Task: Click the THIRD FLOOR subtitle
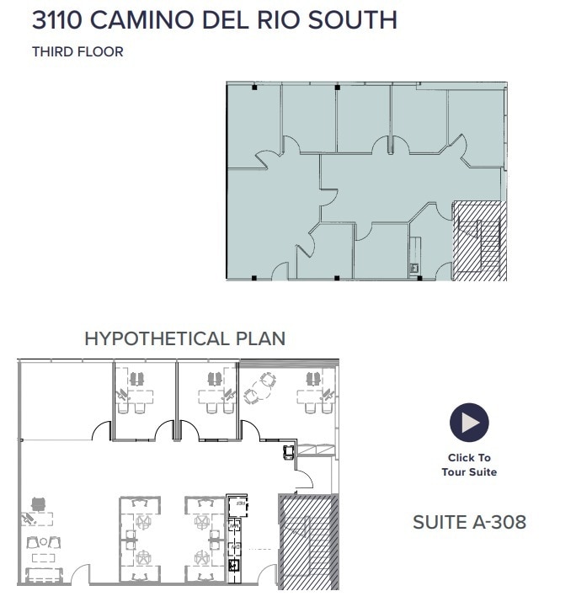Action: [x=77, y=52]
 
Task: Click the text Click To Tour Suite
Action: [x=469, y=465]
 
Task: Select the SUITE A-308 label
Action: [x=469, y=522]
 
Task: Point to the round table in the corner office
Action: [x=268, y=381]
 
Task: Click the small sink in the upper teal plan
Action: [x=413, y=269]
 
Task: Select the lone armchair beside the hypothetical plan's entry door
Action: [x=290, y=452]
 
